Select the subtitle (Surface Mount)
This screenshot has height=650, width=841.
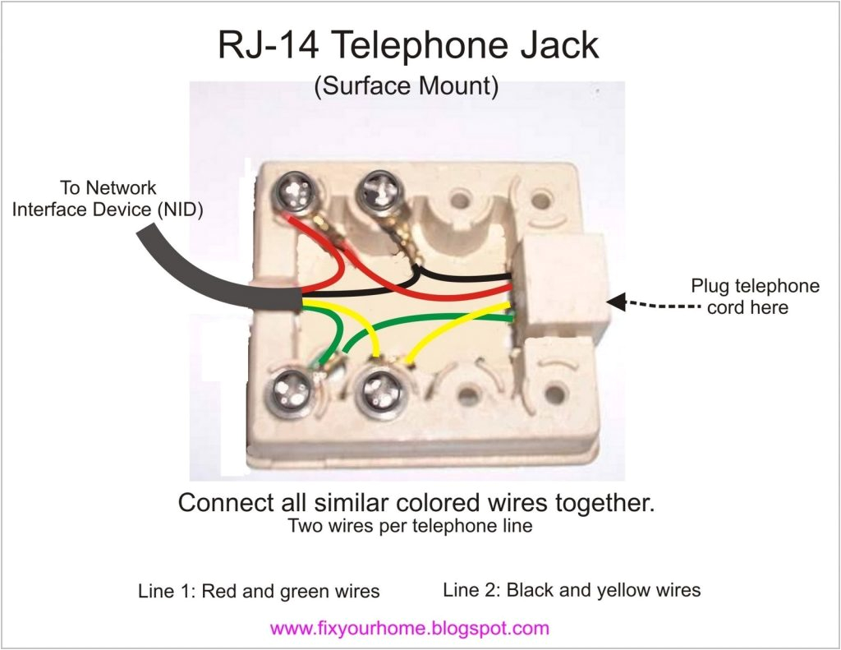pyautogui.click(x=406, y=87)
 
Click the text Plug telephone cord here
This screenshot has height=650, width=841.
pyautogui.click(x=754, y=297)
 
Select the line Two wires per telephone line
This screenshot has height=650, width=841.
pyautogui.click(x=410, y=526)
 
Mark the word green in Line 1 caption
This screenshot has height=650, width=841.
pyautogui.click(x=296, y=591)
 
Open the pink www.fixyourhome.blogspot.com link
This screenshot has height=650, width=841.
pyautogui.click(x=409, y=629)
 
